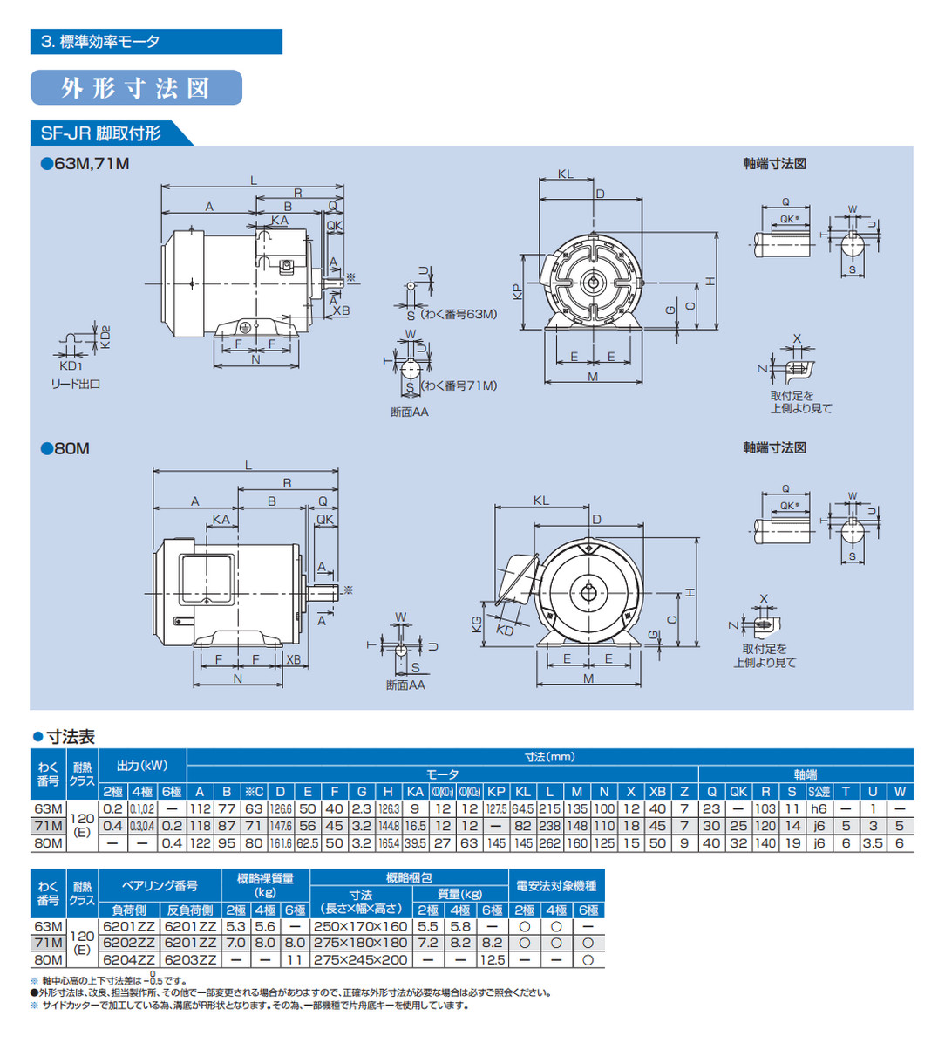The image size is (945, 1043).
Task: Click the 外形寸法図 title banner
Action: click(136, 88)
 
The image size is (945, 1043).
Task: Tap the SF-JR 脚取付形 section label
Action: click(101, 133)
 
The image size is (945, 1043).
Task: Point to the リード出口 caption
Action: click(74, 384)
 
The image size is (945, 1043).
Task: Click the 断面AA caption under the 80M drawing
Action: click(405, 685)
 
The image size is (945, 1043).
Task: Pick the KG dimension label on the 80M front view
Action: click(477, 624)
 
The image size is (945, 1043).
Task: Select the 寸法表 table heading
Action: click(70, 737)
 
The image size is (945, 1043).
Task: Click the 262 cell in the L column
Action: click(549, 843)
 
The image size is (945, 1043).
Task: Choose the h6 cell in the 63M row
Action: click(819, 808)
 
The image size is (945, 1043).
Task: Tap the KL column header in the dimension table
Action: click(522, 792)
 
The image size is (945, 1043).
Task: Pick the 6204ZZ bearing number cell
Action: click(128, 959)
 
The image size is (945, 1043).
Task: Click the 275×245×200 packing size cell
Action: click(361, 959)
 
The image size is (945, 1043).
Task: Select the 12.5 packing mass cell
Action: click(492, 959)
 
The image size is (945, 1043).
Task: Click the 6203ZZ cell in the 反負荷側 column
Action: click(190, 959)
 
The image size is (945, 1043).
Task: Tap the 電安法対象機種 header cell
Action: click(555, 886)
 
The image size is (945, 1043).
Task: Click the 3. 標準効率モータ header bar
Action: click(156, 42)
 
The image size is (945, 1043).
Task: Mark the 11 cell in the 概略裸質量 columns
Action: click(295, 959)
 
